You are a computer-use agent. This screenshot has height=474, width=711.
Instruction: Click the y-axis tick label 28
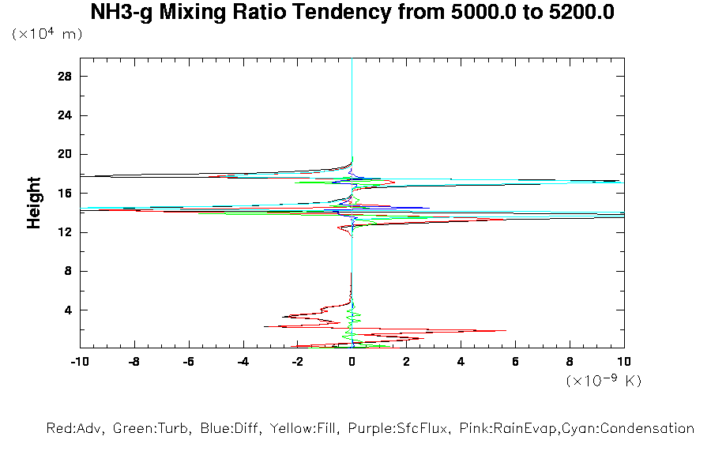coord(66,77)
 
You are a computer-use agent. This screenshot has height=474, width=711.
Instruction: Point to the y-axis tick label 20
coord(66,154)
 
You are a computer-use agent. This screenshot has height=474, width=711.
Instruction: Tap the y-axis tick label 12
coord(66,232)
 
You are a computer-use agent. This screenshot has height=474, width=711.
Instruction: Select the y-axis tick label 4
coord(69,310)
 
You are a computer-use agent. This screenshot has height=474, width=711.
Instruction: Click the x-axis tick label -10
coord(79,362)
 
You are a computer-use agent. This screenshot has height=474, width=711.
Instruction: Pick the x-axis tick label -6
coord(188,362)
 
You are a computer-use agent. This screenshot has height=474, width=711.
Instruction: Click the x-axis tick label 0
coord(352,362)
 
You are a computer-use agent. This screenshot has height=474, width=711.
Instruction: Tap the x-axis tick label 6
coord(515,362)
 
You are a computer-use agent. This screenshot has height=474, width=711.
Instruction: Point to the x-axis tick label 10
coord(623,362)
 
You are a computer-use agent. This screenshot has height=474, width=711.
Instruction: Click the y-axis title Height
coord(34,203)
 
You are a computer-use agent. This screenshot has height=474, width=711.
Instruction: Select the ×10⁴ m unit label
coord(47,34)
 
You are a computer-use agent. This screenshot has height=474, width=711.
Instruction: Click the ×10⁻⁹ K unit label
coord(604,381)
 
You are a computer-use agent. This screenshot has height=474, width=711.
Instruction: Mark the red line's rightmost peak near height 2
coord(506,331)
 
